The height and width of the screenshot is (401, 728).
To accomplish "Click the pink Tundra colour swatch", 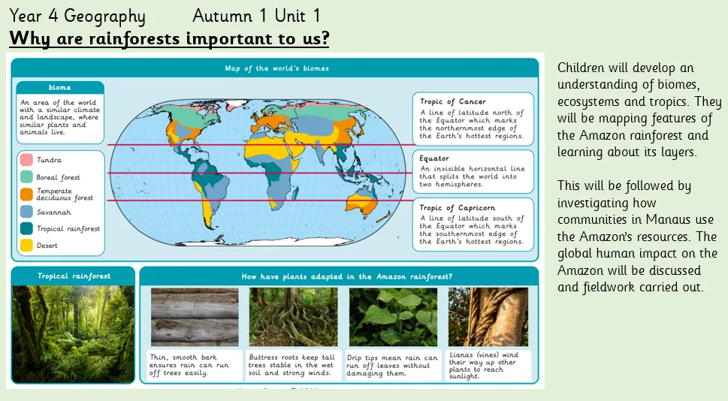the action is tap(26, 160).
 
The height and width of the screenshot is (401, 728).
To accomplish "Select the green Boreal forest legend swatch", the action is tap(26, 176).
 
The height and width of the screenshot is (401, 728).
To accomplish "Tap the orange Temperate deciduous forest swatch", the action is tap(26, 194).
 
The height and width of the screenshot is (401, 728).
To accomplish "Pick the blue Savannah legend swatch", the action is tap(26, 212).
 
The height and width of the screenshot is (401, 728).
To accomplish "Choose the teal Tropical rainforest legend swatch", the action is tap(26, 228).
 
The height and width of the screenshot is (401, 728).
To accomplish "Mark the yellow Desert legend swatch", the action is tap(26, 245).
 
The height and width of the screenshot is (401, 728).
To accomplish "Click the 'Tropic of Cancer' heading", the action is tap(453, 101).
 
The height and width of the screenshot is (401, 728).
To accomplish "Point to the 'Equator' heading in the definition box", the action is tap(434, 158).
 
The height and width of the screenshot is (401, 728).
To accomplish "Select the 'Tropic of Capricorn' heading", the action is tap(458, 207).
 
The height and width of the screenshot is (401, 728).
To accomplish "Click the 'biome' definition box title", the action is tap(60, 87).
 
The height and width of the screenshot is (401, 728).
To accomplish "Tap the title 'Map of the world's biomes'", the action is tap(276, 68).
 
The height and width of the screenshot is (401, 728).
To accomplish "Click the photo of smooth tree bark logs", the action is tap(195, 317).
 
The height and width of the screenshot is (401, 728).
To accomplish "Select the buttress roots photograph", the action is tap(294, 317).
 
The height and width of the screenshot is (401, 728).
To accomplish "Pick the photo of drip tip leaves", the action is tap(393, 317).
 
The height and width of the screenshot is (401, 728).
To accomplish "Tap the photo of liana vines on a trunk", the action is tap(488, 317).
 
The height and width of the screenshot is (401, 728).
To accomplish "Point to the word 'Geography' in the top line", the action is tap(104, 17).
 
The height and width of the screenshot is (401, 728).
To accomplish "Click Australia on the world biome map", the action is tap(362, 205).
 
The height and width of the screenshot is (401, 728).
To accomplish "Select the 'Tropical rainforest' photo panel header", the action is tap(74, 276).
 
